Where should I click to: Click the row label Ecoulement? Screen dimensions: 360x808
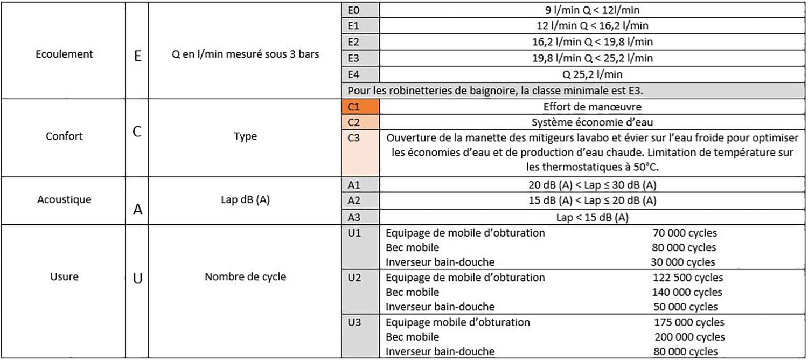pyautogui.click(x=64, y=54)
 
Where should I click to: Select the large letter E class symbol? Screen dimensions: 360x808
pyautogui.click(x=137, y=56)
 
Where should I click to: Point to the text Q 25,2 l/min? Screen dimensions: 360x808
pyautogui.click(x=592, y=74)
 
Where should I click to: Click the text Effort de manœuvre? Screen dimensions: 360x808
pyautogui.click(x=592, y=107)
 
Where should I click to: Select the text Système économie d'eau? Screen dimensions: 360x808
pyautogui.click(x=592, y=121)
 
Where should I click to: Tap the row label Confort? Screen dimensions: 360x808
pyautogui.click(x=64, y=136)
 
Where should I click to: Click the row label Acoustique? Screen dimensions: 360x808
pyautogui.click(x=64, y=199)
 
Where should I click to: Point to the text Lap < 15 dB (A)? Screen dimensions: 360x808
pyautogui.click(x=592, y=218)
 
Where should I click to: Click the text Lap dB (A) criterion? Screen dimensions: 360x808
pyautogui.click(x=245, y=199)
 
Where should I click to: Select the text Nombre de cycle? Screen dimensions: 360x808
pyautogui.click(x=245, y=277)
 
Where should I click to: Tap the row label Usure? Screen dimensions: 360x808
pyautogui.click(x=64, y=277)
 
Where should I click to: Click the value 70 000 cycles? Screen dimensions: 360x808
pyautogui.click(x=684, y=233)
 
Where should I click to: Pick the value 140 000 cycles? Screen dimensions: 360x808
pyautogui.click(x=687, y=293)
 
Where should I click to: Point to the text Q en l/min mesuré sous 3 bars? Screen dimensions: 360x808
pyautogui.click(x=245, y=54)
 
